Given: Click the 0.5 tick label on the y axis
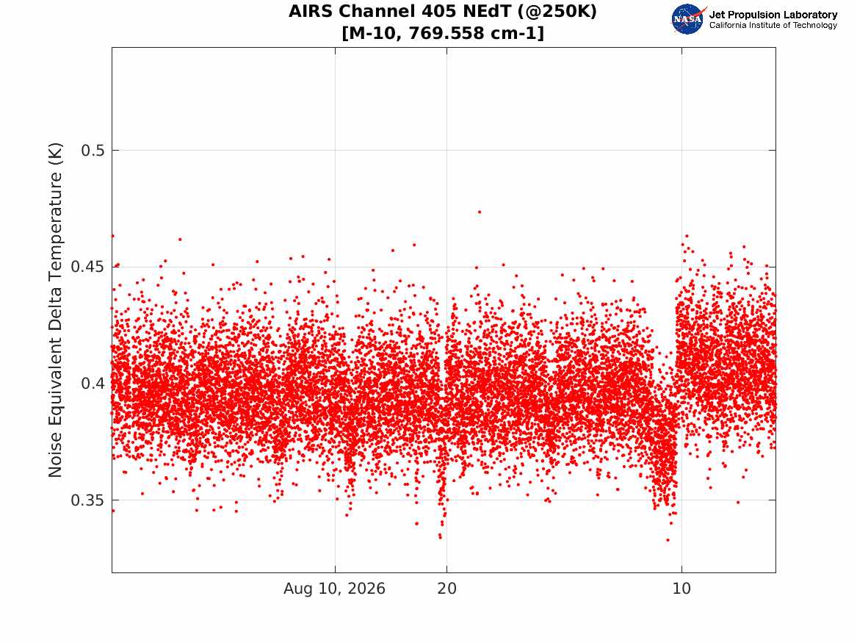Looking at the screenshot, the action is [x=93, y=151].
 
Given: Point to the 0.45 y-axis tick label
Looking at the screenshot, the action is [x=88, y=267].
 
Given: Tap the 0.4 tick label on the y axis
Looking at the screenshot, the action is [x=93, y=384].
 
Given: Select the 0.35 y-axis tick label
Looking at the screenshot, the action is [x=88, y=500].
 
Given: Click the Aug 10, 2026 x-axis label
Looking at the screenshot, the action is [x=334, y=589].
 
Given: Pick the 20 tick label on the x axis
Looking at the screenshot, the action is [x=446, y=589].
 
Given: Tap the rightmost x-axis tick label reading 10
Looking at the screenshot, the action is [x=681, y=589].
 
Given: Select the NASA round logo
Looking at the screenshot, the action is [x=687, y=20].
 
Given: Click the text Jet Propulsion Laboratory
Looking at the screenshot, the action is [x=773, y=15].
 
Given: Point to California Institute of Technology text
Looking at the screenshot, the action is [x=773, y=25].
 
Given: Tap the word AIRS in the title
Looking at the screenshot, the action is [x=310, y=11].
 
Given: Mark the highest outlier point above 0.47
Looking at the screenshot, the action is [x=480, y=212].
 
